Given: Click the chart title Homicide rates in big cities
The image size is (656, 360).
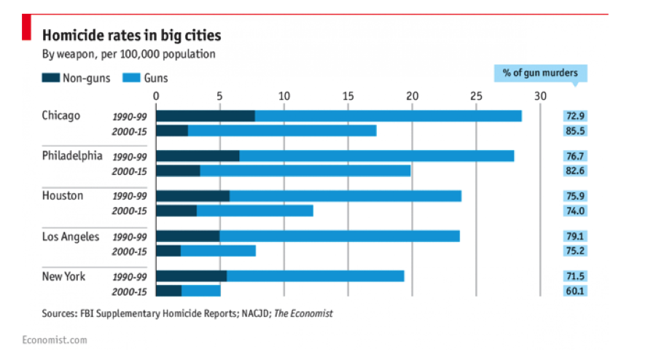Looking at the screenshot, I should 131,35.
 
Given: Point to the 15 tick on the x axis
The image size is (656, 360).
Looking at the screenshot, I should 348,95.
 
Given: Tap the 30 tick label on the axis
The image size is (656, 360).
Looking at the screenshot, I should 539,95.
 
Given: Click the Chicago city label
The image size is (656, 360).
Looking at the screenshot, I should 61,116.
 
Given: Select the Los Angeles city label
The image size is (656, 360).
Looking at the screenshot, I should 70,236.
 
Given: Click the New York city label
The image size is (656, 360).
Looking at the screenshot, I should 63,276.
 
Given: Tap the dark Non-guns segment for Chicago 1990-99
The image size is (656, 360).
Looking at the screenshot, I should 206,116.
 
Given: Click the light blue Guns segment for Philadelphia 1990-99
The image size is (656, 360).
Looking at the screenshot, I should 376,156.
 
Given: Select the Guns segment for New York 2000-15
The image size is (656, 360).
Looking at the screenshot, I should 200,291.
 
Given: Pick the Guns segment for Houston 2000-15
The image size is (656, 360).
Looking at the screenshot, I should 254,211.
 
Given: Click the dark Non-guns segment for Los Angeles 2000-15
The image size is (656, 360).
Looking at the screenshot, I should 168,251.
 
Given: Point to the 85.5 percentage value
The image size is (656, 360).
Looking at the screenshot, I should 574,131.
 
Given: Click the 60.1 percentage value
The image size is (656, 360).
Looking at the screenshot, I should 574,291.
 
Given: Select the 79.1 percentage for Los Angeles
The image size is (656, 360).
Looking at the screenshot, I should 574,236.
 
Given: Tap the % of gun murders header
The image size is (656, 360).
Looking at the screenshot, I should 541,73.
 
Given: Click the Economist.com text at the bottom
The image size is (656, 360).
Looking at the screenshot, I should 55,340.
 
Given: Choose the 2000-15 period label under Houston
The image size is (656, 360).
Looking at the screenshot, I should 129,211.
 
